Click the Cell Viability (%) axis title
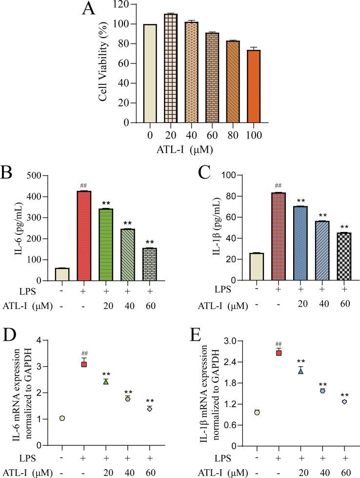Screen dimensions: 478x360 103,63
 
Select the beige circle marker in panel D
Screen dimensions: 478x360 62,418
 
